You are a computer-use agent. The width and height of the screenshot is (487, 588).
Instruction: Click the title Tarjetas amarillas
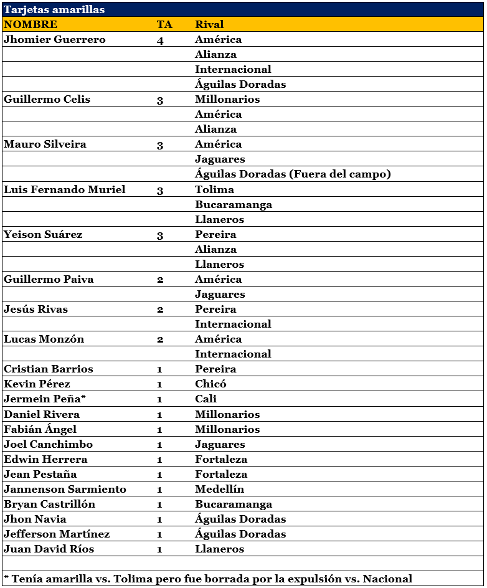point(54,9)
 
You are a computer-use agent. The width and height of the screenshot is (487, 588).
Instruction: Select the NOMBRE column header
point(31,24)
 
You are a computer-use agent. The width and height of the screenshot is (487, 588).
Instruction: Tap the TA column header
point(164,24)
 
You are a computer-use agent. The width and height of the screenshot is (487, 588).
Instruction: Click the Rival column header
point(209,24)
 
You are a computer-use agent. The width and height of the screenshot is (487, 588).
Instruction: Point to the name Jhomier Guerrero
point(55,39)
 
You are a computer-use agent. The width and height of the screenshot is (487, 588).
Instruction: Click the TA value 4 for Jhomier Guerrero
point(160,40)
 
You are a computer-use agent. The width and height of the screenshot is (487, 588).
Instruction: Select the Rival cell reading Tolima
point(214,189)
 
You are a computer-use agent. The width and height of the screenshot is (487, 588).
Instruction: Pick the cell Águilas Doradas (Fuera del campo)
point(293,174)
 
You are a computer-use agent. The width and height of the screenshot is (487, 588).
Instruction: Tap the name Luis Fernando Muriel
point(65,189)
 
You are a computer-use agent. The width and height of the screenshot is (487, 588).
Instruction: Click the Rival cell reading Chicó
point(210,384)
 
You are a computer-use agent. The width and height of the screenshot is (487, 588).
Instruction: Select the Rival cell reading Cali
point(206,399)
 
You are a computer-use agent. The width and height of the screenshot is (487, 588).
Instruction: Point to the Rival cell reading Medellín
point(219,489)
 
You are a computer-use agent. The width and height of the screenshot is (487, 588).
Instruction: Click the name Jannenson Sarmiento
point(65,489)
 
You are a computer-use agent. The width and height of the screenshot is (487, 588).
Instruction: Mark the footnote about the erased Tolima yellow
point(208,579)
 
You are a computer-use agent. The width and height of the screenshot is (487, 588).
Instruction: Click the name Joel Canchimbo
point(48,444)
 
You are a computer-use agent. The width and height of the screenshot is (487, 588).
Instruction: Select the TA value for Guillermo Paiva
point(160,280)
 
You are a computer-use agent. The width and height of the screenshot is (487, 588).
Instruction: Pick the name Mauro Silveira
point(45,144)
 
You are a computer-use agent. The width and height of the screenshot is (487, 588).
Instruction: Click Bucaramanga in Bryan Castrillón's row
point(234,504)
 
